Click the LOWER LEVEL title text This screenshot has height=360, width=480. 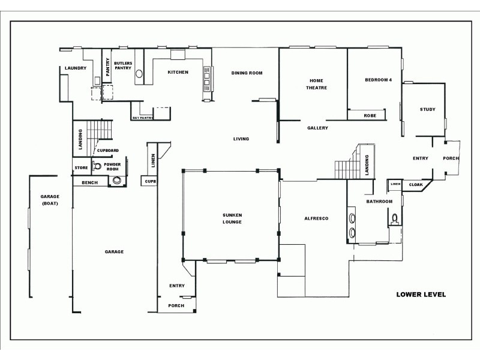click(x=421, y=295)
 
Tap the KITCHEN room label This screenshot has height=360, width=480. click(x=178, y=72)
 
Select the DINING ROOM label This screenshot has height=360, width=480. click(x=247, y=73)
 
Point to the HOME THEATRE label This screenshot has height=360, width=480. click(x=317, y=84)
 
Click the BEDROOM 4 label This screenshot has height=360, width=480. click(x=378, y=80)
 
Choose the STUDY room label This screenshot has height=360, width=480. click(x=427, y=109)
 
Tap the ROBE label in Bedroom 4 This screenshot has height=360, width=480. click(x=370, y=115)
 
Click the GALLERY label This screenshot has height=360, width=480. click(x=317, y=128)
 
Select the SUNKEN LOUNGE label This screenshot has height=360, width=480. click(x=231, y=218)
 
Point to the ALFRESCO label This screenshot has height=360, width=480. click(x=316, y=218)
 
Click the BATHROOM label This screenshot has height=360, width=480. click(x=379, y=202)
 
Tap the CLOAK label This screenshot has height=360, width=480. click(x=416, y=184)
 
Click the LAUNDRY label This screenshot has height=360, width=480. click(x=76, y=68)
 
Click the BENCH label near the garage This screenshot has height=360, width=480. click(x=89, y=182)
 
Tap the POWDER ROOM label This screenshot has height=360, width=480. click(x=112, y=166)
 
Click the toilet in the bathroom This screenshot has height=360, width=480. click(x=394, y=218)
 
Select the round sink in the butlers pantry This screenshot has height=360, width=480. click(x=139, y=74)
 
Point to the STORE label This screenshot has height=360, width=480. click(x=81, y=167)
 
